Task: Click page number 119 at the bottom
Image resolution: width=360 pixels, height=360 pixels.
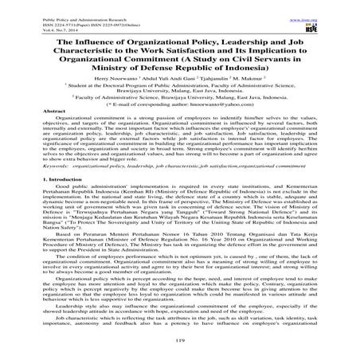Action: click(180, 341)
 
